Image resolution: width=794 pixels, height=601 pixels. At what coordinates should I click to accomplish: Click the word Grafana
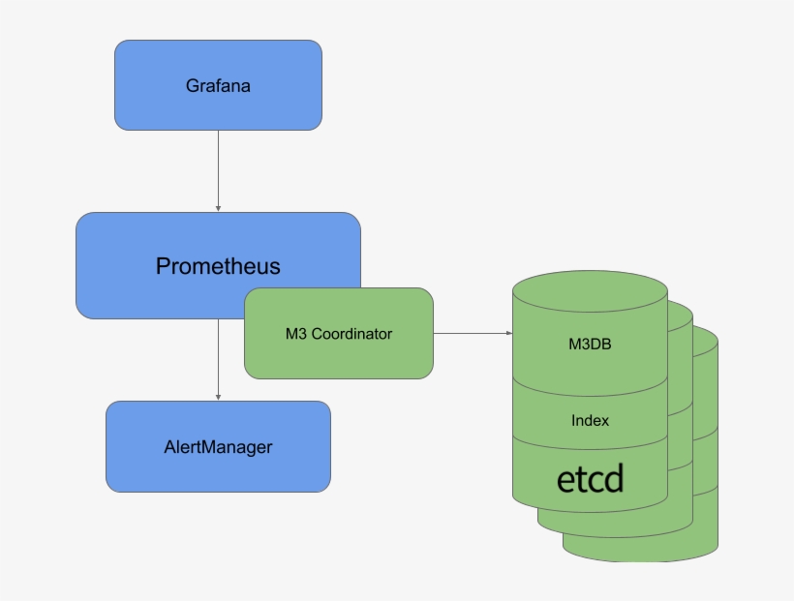pyautogui.click(x=218, y=85)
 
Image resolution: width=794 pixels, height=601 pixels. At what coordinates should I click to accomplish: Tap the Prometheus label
pyautogui.click(x=218, y=265)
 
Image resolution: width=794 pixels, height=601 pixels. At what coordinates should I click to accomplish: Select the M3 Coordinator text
pyautogui.click(x=338, y=334)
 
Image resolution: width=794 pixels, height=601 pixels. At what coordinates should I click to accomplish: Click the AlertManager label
pyautogui.click(x=218, y=447)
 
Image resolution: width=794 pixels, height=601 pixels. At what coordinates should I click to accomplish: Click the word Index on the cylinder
pyautogui.click(x=590, y=421)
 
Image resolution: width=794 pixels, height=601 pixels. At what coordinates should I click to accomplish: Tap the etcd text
pyautogui.click(x=590, y=478)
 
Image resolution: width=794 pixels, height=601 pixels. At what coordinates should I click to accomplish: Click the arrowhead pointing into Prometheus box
pyautogui.click(x=218, y=207)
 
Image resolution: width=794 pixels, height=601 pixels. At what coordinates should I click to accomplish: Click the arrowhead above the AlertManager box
pyautogui.click(x=218, y=396)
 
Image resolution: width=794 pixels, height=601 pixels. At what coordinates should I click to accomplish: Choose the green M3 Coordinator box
pyautogui.click(x=338, y=360)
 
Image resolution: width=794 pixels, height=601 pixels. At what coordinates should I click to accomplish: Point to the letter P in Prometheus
pyautogui.click(x=163, y=265)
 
